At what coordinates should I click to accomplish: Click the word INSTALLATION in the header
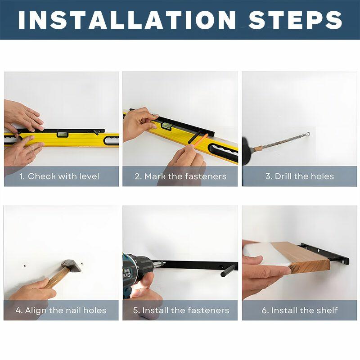click(x=127, y=20)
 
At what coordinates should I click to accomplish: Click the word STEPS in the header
click(x=296, y=20)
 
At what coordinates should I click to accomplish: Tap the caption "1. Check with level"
click(x=59, y=176)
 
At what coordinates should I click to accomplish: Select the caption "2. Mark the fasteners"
click(x=180, y=176)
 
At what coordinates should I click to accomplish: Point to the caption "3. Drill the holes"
click(x=300, y=176)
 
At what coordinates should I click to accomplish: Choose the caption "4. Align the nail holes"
click(x=61, y=310)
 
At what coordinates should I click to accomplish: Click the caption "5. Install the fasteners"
click(x=181, y=310)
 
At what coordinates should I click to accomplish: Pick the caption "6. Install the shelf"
click(x=300, y=310)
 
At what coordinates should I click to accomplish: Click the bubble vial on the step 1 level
click(x=63, y=135)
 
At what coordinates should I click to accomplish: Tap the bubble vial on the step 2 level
click(x=166, y=126)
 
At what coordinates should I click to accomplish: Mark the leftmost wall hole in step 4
click(x=25, y=266)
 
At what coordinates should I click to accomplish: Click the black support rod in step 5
click(x=228, y=270)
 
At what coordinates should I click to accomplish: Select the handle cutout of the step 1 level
click(x=111, y=140)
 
